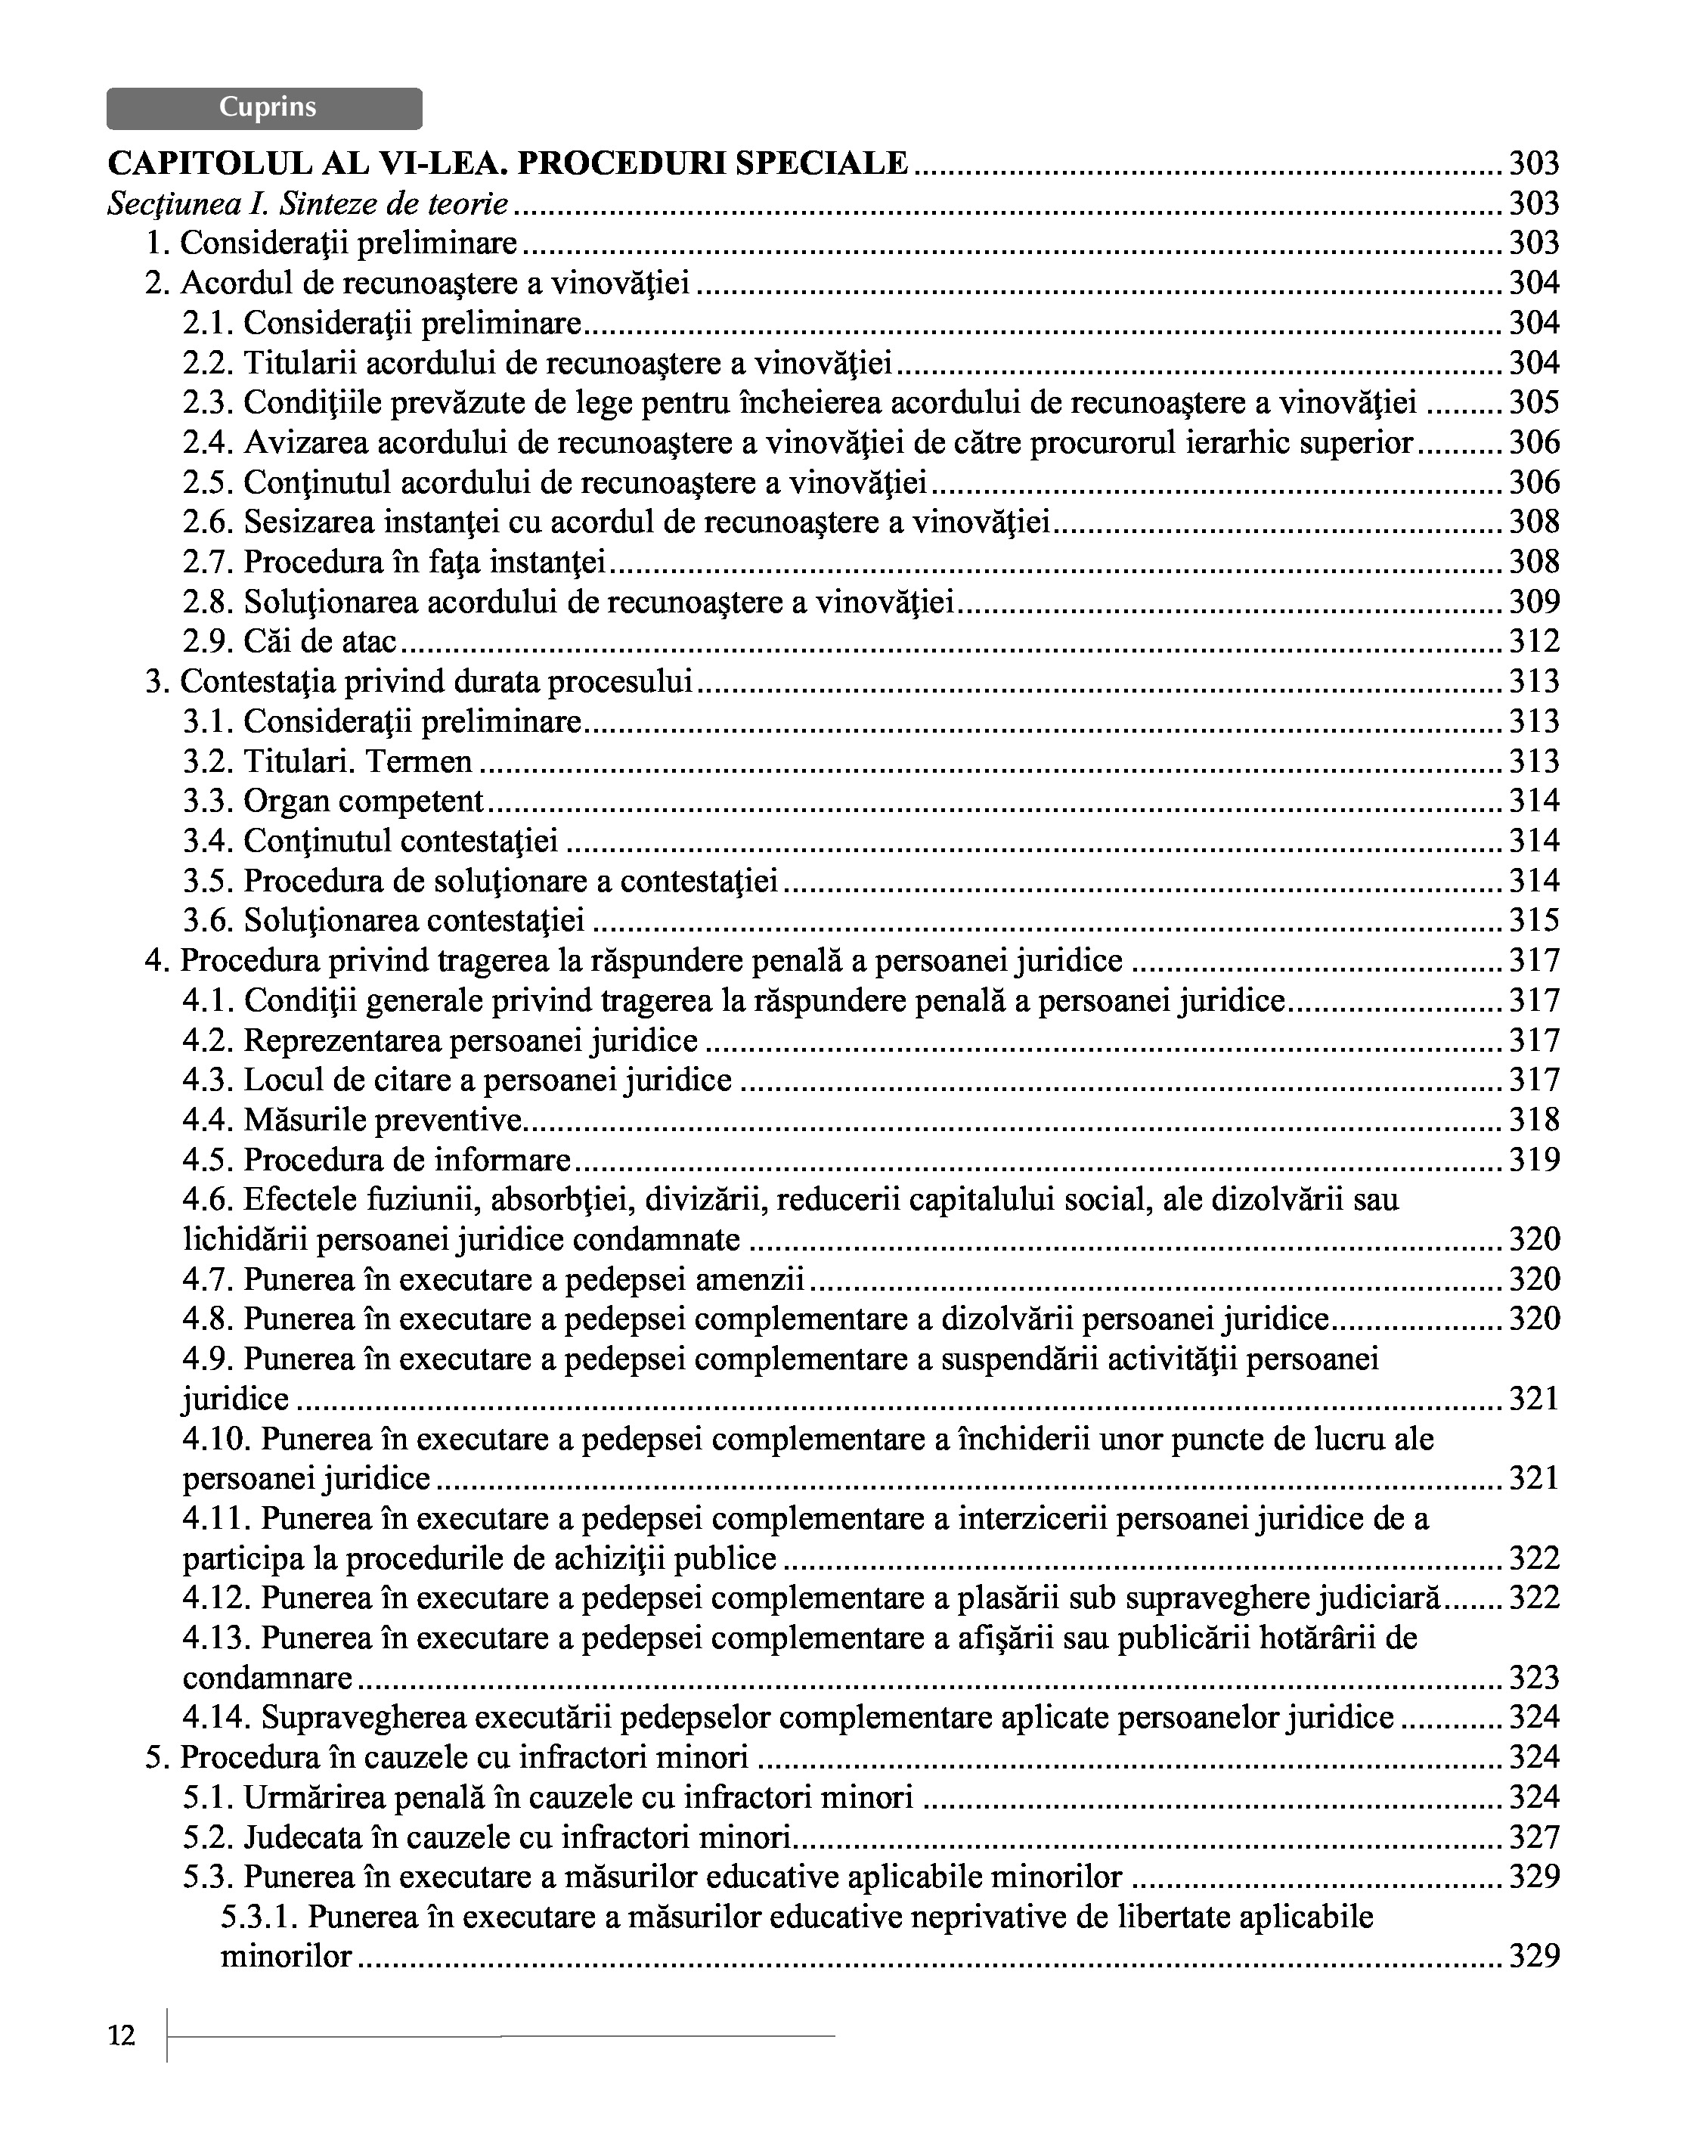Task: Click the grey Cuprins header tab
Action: coord(265,108)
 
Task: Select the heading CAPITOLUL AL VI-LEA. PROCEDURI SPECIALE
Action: coord(508,163)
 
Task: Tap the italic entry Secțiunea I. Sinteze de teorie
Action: coord(308,203)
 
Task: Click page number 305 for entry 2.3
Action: coord(1534,402)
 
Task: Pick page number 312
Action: coord(1534,642)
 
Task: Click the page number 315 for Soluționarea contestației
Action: coord(1534,920)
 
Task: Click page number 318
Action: coord(1534,1120)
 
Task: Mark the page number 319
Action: coord(1534,1159)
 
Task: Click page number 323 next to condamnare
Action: coord(1534,1678)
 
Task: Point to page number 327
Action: coord(1534,1837)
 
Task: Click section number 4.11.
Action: coord(216,1518)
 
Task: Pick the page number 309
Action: coord(1534,602)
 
